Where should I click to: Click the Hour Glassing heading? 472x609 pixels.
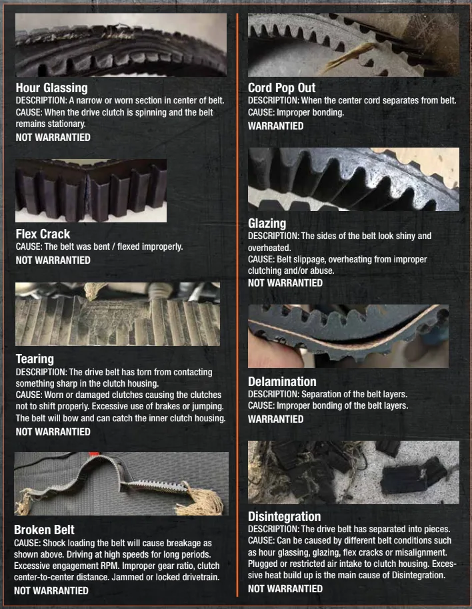pos(51,88)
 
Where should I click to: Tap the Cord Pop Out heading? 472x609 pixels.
pos(281,87)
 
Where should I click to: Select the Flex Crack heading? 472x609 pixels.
pos(43,234)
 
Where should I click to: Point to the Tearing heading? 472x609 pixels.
pos(35,359)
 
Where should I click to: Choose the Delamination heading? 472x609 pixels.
pos(282,381)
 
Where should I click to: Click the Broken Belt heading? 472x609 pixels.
pos(44,530)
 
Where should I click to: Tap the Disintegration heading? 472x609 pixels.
pos(284,516)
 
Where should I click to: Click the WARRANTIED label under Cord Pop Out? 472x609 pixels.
pos(276,126)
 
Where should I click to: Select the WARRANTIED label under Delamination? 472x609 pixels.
pos(276,419)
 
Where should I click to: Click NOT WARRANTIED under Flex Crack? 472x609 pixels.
pos(53,260)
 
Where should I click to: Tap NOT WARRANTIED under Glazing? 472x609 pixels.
pos(285,282)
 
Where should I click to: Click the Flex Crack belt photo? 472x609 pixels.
pos(91,190)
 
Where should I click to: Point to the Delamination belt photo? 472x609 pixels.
pos(348,336)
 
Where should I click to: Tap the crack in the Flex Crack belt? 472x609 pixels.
pos(87,190)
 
